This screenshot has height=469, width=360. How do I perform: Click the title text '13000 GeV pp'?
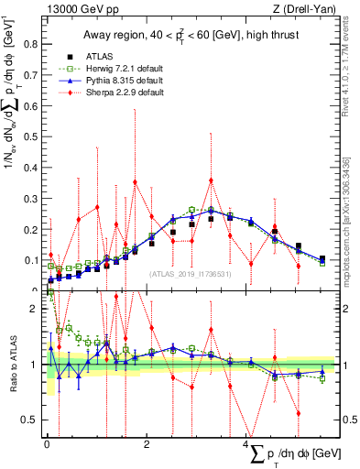click(80, 10)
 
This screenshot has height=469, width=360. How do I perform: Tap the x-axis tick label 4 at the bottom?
click(246, 445)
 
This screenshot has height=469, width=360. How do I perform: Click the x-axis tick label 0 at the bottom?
click(47, 445)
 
